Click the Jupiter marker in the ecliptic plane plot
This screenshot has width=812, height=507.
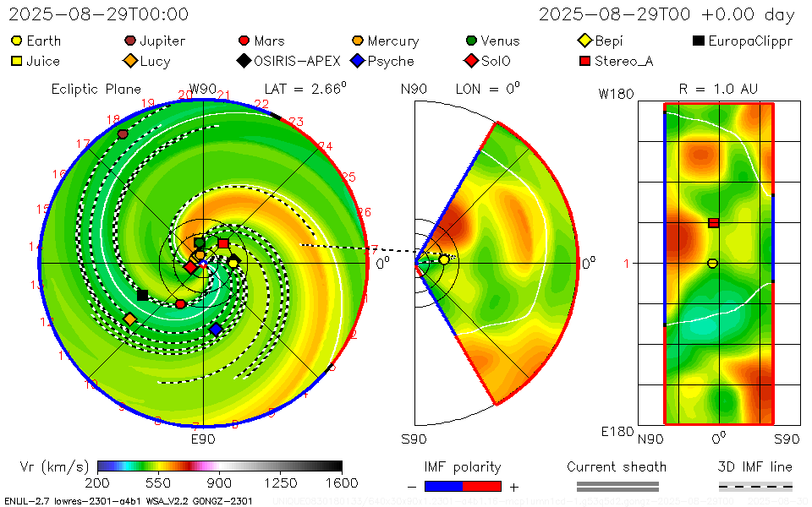[x=123, y=134]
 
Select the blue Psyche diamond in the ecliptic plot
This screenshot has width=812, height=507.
[x=216, y=329]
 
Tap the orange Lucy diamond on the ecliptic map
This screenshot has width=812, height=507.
[x=129, y=319]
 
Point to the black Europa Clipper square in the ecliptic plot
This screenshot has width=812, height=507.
[x=142, y=295]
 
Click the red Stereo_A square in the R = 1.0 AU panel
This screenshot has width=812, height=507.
[x=714, y=223]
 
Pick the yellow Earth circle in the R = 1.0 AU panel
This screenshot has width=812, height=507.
[x=712, y=264]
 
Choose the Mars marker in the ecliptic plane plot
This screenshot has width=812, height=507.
[x=180, y=304]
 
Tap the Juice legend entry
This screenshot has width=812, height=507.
[x=36, y=61]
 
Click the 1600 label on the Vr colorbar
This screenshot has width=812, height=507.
[x=342, y=482]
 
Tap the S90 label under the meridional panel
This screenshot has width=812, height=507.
[x=414, y=439]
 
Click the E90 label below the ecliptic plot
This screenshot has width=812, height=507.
[x=203, y=439]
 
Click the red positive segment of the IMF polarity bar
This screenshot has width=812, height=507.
[x=481, y=486]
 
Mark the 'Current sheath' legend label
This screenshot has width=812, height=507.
[x=617, y=466]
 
